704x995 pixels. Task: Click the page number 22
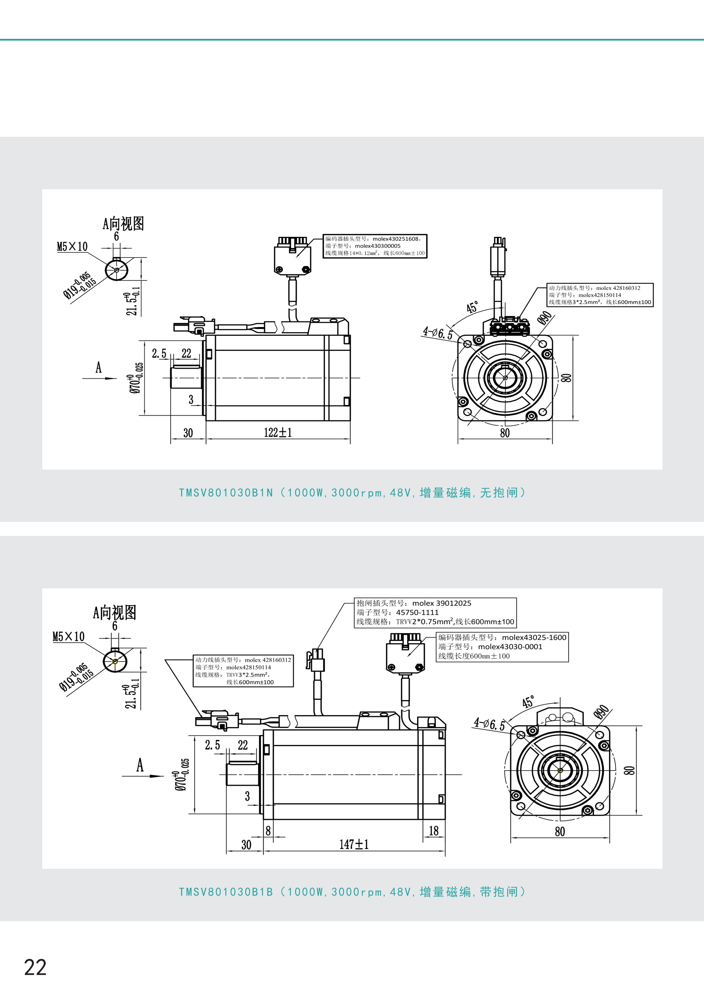35,967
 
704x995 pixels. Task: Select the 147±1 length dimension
354,844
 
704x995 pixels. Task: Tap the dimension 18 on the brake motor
433,830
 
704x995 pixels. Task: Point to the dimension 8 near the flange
268,830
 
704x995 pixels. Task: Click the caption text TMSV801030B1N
226,493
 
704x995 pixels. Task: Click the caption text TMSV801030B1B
226,891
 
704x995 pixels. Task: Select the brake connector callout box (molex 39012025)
435,612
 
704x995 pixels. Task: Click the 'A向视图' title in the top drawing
123,224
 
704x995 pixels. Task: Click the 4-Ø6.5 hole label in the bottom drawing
489,724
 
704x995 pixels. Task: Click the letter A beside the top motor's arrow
99,367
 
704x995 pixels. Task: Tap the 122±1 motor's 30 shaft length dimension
188,432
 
